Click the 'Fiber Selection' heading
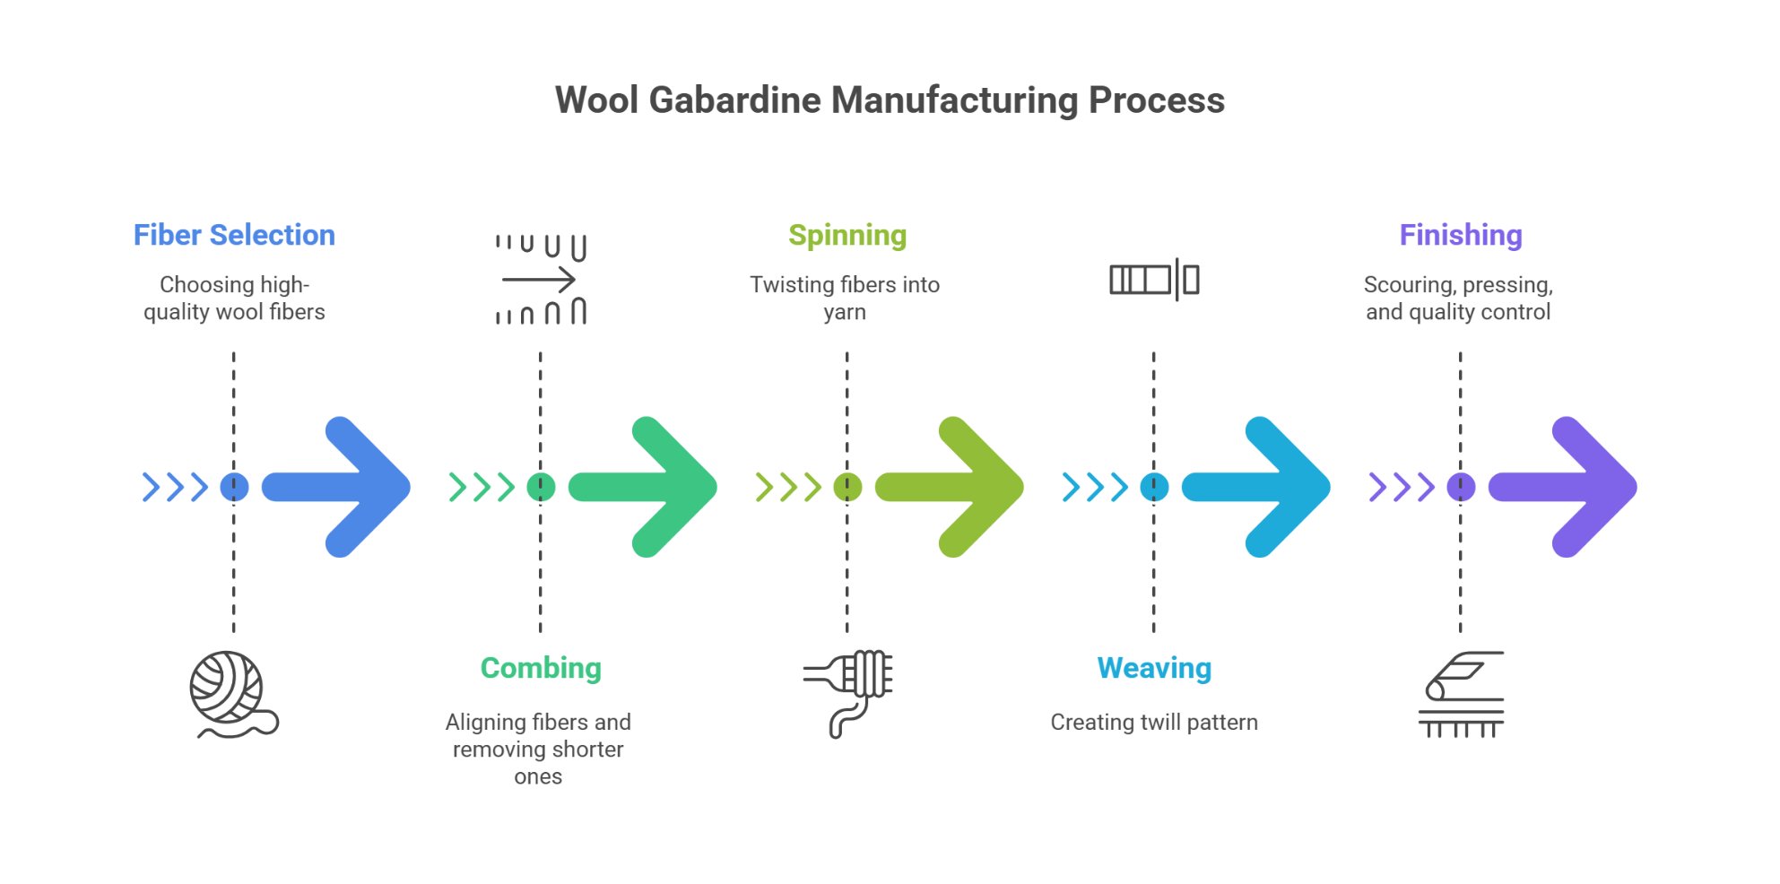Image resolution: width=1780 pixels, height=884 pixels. pyautogui.click(x=234, y=235)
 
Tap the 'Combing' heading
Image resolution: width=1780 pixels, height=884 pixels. pyautogui.click(x=541, y=668)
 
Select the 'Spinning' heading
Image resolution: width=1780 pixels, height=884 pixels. pyautogui.click(x=847, y=235)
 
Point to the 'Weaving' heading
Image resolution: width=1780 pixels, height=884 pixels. pyautogui.click(x=1154, y=668)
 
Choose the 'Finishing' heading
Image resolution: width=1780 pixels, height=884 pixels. pyautogui.click(x=1461, y=235)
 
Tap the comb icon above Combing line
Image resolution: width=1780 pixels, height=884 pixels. pyautogui.click(x=541, y=279)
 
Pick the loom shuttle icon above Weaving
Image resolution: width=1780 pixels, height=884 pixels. pyautogui.click(x=1154, y=280)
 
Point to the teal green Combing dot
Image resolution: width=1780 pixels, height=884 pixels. pyautogui.click(x=541, y=487)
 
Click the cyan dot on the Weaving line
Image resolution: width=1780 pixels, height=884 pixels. pyautogui.click(x=1154, y=487)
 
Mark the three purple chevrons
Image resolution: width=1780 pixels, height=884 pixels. pyautogui.click(x=1401, y=487)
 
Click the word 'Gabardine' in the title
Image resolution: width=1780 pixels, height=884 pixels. pyautogui.click(x=734, y=100)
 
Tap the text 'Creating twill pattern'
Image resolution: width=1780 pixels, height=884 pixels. pyautogui.click(x=1154, y=722)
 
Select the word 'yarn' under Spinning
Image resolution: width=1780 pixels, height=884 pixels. pyautogui.click(x=845, y=312)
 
